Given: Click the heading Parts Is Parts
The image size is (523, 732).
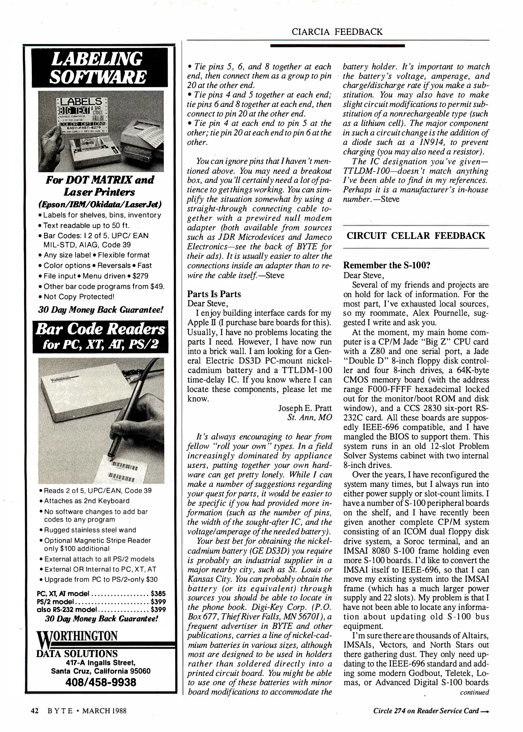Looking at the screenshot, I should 214,294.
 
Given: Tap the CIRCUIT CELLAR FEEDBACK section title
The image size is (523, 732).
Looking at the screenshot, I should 416,236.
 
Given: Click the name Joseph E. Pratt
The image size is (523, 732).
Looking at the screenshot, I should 305,408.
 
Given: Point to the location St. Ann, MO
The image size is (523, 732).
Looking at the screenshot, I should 309,417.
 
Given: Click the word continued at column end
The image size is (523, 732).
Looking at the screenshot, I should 474,692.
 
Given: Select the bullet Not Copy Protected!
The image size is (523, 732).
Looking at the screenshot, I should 79,297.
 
